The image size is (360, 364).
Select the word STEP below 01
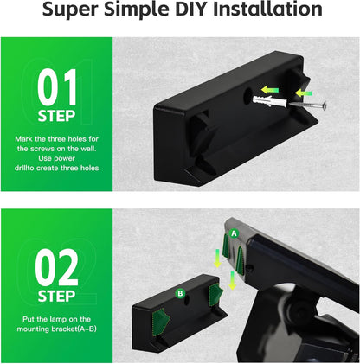(x=57, y=116)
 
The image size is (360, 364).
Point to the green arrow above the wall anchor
(x=272, y=87)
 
